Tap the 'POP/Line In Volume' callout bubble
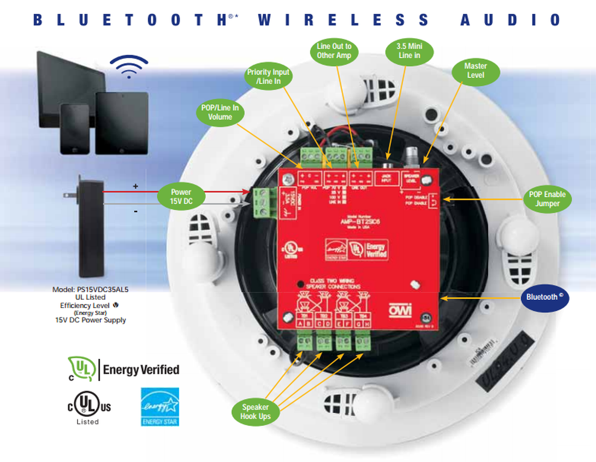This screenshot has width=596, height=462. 220,112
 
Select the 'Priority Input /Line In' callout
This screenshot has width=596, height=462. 268,76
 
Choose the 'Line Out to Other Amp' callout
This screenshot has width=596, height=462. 334,51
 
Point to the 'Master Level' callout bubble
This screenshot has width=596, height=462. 475,70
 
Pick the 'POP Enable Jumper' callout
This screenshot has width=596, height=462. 547,199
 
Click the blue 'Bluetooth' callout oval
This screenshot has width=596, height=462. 545,297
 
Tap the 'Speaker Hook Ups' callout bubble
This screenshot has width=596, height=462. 256,411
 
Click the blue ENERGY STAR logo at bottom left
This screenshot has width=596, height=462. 160,406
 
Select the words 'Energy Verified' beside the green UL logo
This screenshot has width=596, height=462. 141,369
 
